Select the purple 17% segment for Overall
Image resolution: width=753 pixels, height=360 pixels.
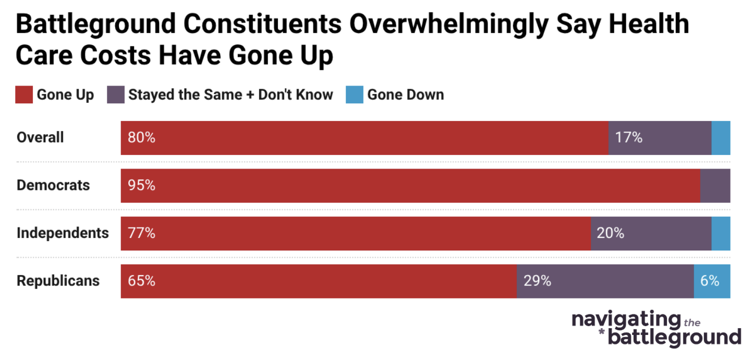660,138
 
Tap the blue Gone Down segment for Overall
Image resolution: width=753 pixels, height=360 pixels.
721,138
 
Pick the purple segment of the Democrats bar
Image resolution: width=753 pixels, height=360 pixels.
715,186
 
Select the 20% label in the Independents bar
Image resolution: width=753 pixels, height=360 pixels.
611,233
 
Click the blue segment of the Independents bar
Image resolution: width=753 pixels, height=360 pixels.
721,233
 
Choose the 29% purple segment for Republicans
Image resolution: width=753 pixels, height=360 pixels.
605,281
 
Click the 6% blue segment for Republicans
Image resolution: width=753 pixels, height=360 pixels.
712,281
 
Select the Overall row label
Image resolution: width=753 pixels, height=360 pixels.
40,138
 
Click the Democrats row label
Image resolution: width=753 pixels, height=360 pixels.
53,186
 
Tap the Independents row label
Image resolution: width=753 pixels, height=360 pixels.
63,233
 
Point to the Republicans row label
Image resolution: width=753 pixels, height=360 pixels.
58,281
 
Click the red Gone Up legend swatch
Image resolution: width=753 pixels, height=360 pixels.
24,95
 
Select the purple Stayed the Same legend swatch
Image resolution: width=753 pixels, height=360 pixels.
116,95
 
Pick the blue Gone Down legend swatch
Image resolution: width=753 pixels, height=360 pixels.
354,95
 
